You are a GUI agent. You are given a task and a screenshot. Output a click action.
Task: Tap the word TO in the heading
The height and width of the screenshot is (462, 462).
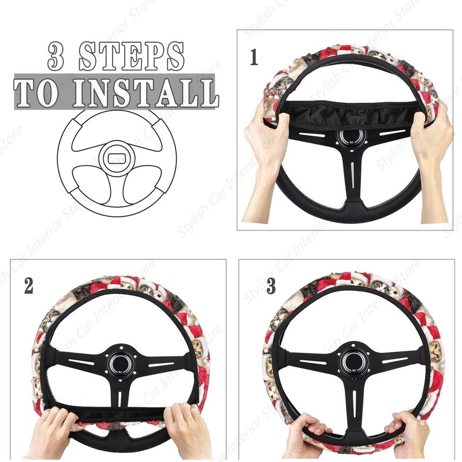tap(37, 92)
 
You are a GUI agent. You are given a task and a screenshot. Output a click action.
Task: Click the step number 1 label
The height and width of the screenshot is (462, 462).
tap(254, 58)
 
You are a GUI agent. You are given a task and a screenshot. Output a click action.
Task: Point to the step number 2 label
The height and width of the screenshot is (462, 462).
tap(28, 286)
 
